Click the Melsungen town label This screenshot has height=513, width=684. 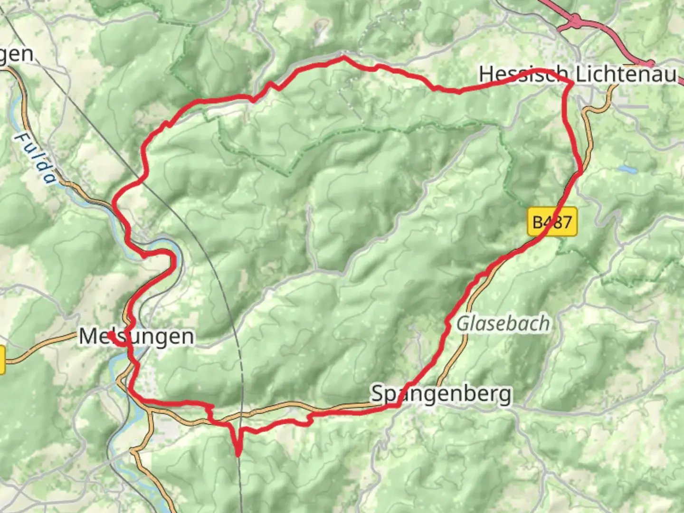[x=137, y=337]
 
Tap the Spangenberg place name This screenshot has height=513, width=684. [x=441, y=394]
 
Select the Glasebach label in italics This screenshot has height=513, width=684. [x=503, y=324]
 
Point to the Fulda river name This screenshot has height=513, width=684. [x=36, y=158]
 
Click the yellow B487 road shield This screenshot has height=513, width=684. [x=552, y=222]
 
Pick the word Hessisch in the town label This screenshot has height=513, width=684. [x=523, y=75]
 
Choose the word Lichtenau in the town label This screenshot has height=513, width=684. [x=626, y=75]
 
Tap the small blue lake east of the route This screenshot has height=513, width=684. [x=627, y=169]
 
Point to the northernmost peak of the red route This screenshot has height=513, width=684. [x=344, y=57]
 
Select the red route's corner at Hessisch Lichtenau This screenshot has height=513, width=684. [x=572, y=83]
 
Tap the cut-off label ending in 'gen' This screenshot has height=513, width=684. [x=17, y=55]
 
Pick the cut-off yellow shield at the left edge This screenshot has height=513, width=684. [x=2, y=360]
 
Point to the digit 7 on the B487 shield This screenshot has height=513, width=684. [x=566, y=222]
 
